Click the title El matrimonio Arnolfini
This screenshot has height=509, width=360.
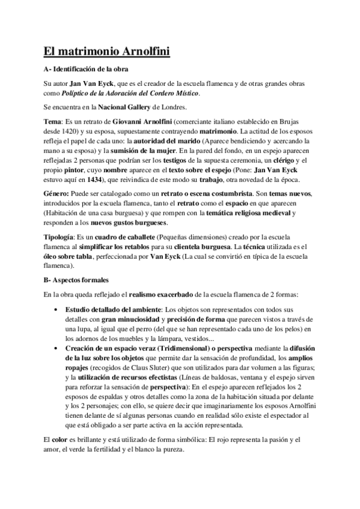click(107, 52)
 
